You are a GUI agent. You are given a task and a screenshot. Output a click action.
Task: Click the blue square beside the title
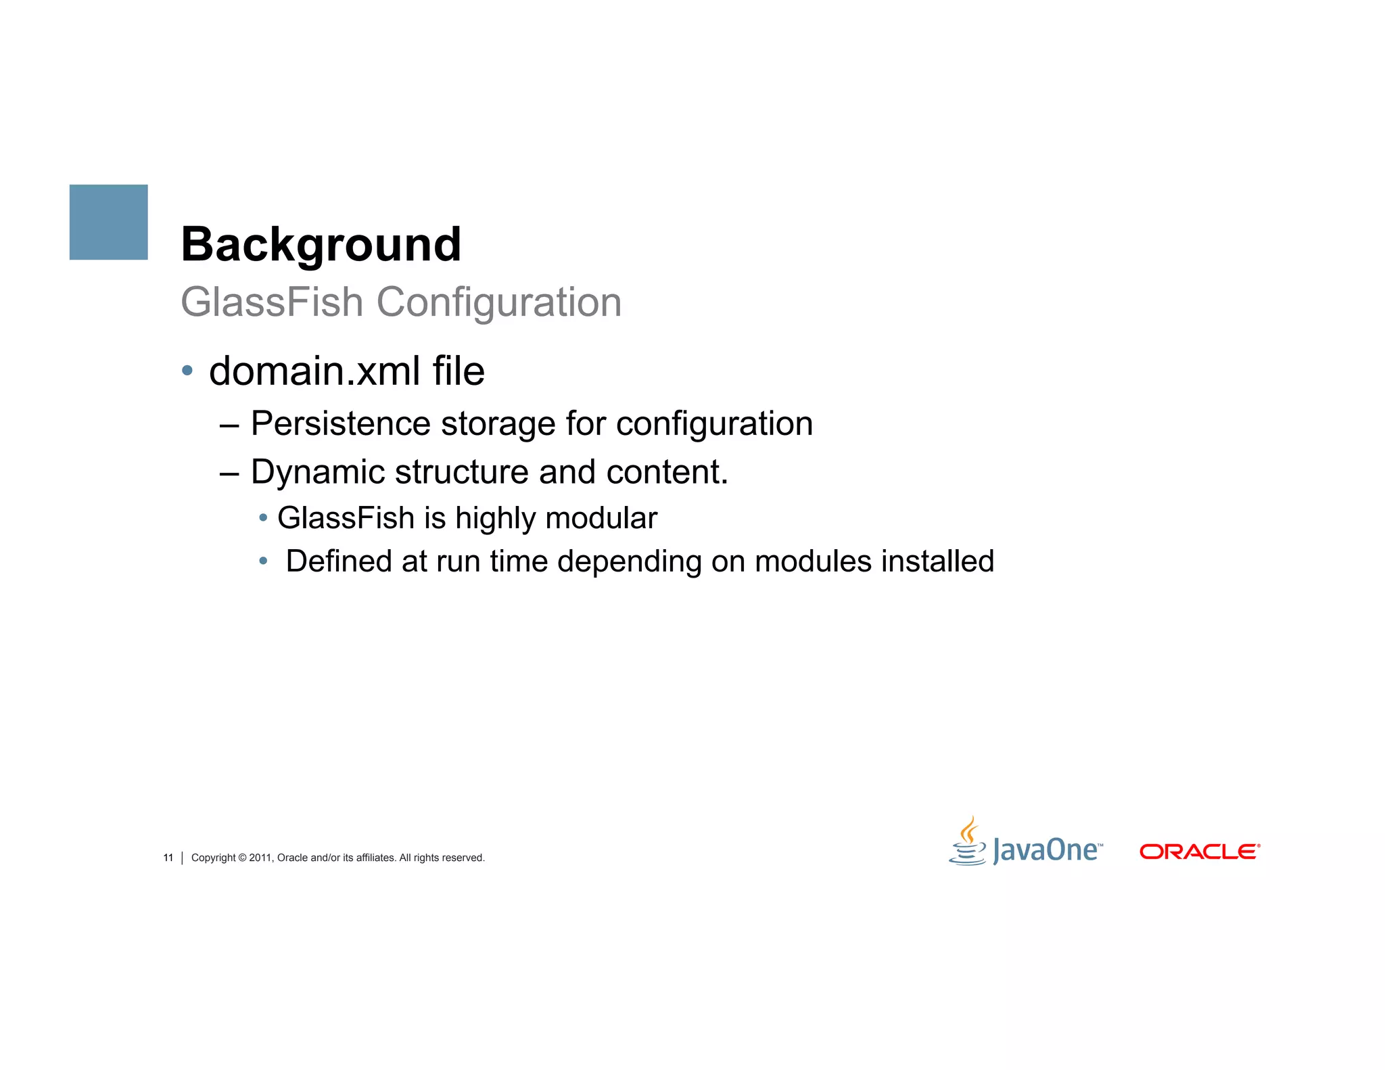(108, 222)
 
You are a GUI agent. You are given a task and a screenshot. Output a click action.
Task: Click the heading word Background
(321, 244)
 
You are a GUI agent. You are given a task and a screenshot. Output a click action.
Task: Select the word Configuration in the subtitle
(498, 302)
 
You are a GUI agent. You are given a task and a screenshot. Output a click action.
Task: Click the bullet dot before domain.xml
(187, 371)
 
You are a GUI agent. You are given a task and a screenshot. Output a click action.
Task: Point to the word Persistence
(340, 424)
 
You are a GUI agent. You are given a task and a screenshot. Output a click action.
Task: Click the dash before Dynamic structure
(229, 473)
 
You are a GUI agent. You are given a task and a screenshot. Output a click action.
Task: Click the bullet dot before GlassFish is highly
(263, 518)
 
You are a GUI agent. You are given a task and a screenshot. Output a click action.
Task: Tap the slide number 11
(168, 858)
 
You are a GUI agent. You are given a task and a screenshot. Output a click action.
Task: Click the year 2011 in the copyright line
(260, 858)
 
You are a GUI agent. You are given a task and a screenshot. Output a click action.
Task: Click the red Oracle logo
(1200, 852)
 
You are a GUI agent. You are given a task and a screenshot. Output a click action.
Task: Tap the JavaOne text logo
(1047, 850)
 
